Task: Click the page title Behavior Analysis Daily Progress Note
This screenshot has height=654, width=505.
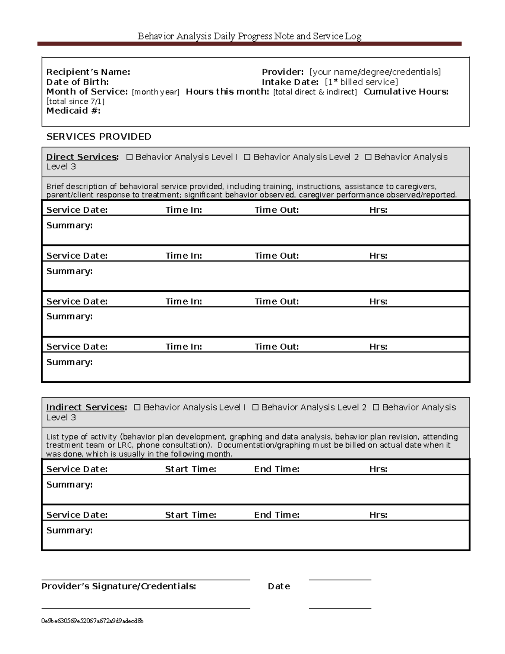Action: (x=249, y=36)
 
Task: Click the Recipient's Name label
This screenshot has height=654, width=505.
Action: (x=88, y=72)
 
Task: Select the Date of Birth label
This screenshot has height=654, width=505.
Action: (x=77, y=82)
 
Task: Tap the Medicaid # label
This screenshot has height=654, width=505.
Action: (x=73, y=111)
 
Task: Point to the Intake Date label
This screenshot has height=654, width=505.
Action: (x=290, y=82)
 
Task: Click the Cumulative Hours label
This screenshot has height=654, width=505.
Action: (x=406, y=92)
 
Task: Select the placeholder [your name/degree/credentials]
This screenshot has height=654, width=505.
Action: (x=375, y=72)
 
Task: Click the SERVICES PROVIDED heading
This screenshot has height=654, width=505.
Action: (x=98, y=136)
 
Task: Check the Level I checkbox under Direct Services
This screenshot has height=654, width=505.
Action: (x=129, y=157)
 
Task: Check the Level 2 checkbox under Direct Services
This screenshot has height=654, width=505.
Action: (x=247, y=157)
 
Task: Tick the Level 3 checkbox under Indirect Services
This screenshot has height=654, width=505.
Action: (x=376, y=407)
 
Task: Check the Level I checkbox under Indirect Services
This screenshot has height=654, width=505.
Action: (x=137, y=407)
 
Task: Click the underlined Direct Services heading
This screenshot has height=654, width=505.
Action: (x=82, y=157)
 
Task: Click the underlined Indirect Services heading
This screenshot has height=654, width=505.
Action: (x=86, y=407)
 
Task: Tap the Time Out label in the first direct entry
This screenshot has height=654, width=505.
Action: (x=276, y=210)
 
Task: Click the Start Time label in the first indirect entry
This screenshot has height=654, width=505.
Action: (x=190, y=469)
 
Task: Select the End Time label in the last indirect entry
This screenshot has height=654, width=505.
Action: (x=276, y=515)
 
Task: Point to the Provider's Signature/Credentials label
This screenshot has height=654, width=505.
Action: (x=119, y=586)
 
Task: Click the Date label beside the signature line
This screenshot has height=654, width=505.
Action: (x=279, y=586)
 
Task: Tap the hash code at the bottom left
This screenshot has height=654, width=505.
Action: (x=92, y=621)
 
